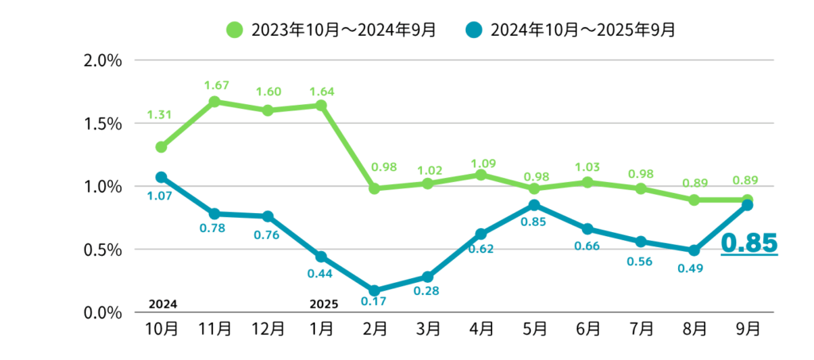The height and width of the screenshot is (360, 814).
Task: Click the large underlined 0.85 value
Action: point(749,243)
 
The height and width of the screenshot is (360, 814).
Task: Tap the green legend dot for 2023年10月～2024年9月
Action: point(234,30)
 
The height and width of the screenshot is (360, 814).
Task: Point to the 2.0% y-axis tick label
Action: point(103,60)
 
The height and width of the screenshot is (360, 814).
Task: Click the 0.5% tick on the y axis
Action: point(103,250)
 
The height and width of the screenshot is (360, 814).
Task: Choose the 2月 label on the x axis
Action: point(374,327)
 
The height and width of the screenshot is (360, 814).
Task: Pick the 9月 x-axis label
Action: point(749,327)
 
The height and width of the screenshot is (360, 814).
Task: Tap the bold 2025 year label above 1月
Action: point(321,304)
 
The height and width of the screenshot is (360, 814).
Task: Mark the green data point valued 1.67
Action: point(215,102)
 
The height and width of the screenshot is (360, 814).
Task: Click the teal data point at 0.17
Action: point(374,291)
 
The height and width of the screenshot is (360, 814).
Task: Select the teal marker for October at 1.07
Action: point(161,177)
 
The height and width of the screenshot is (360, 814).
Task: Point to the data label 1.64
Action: point(321,90)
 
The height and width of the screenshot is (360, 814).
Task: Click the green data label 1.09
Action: point(481,164)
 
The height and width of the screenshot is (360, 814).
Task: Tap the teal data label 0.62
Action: point(481,249)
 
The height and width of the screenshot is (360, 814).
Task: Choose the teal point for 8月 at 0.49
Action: point(694,250)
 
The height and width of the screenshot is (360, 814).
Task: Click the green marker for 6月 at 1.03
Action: point(587,182)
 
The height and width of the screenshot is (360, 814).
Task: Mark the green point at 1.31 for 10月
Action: point(161,147)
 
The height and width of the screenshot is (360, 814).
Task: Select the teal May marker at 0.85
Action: point(534,205)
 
